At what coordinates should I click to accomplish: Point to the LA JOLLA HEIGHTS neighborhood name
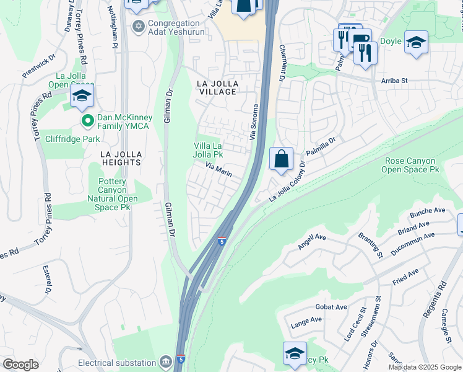pyautogui.click(x=114, y=158)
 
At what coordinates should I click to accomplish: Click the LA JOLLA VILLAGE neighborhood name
pyautogui.click(x=217, y=87)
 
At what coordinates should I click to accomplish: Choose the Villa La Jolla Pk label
pyautogui.click(x=208, y=149)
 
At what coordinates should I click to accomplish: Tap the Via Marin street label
pyautogui.click(x=219, y=170)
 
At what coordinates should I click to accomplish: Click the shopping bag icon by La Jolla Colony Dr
pyautogui.click(x=281, y=158)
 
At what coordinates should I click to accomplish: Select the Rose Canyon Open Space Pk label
pyautogui.click(x=410, y=164)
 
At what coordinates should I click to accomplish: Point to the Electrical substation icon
pyautogui.click(x=165, y=361)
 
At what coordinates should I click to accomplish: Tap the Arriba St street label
pyautogui.click(x=394, y=80)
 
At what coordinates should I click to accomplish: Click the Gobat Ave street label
pyautogui.click(x=331, y=307)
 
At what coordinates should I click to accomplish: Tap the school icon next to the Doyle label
pyautogui.click(x=416, y=42)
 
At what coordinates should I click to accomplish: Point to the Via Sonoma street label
pyautogui.click(x=253, y=122)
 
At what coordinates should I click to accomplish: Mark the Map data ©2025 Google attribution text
pyautogui.click(x=423, y=366)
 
